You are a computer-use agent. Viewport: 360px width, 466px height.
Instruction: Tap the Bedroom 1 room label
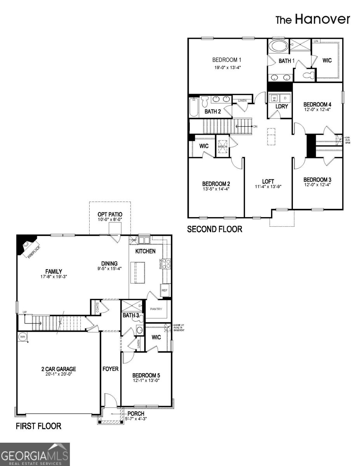pos(227,60)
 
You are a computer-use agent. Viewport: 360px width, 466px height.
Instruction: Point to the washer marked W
pos(274,98)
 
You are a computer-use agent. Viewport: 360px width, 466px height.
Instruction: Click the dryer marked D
pos(285,98)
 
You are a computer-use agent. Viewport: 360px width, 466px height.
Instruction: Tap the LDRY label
pos(281,106)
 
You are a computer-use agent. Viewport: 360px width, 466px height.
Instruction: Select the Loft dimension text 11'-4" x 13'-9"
pos(268,187)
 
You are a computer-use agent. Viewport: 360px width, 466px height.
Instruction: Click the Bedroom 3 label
pos(317,180)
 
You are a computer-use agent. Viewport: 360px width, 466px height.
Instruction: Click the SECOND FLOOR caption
pos(214,230)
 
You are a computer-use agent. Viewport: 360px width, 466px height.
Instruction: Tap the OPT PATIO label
pos(110,214)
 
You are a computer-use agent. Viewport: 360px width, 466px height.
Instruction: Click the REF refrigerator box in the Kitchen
pos(164,290)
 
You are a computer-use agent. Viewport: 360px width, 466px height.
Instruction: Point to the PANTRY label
pos(157,309)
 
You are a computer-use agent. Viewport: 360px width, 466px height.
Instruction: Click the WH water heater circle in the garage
pos(22,337)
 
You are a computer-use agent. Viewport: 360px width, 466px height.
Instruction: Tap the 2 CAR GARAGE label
pos(59,369)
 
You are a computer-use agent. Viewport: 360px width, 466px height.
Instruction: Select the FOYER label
pos(110,369)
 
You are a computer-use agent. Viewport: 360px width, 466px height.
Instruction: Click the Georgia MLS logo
pos(35,454)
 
